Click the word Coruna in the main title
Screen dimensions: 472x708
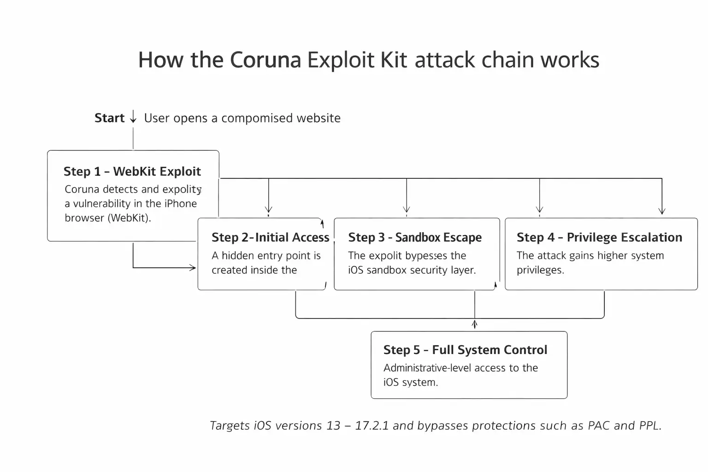265,60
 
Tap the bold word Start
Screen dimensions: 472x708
109,118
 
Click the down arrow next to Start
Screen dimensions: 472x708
133,118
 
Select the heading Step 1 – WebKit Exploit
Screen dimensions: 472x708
132,171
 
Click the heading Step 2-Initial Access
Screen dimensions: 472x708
270,237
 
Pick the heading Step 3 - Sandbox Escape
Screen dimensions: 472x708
414,237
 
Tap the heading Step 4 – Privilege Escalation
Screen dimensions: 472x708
599,237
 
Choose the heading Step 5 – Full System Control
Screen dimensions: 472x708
465,350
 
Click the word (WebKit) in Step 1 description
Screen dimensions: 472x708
129,218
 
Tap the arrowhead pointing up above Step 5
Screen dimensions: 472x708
474,324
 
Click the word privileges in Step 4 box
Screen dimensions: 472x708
540,270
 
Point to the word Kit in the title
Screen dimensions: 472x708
394,60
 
